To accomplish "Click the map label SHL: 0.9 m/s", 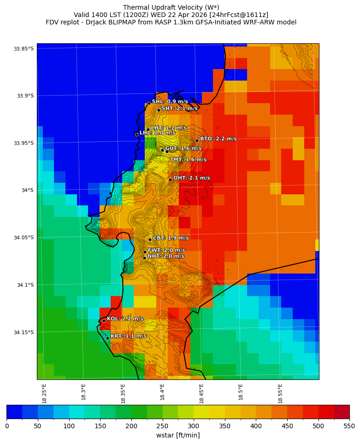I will (170, 101).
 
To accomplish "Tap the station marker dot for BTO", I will (197, 140).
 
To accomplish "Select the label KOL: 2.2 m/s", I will (125, 319).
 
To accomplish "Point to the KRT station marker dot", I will (107, 338).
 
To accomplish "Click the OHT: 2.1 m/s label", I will (191, 178).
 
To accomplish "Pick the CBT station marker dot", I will (150, 239).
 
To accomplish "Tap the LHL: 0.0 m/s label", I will (157, 133).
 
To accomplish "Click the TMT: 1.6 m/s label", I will (188, 160).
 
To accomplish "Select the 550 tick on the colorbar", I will (349, 426).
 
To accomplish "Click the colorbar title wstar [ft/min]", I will (178, 435).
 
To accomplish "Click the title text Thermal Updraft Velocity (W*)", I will (171, 7).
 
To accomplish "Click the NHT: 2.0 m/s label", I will (165, 256).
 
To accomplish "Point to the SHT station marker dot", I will (159, 110).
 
